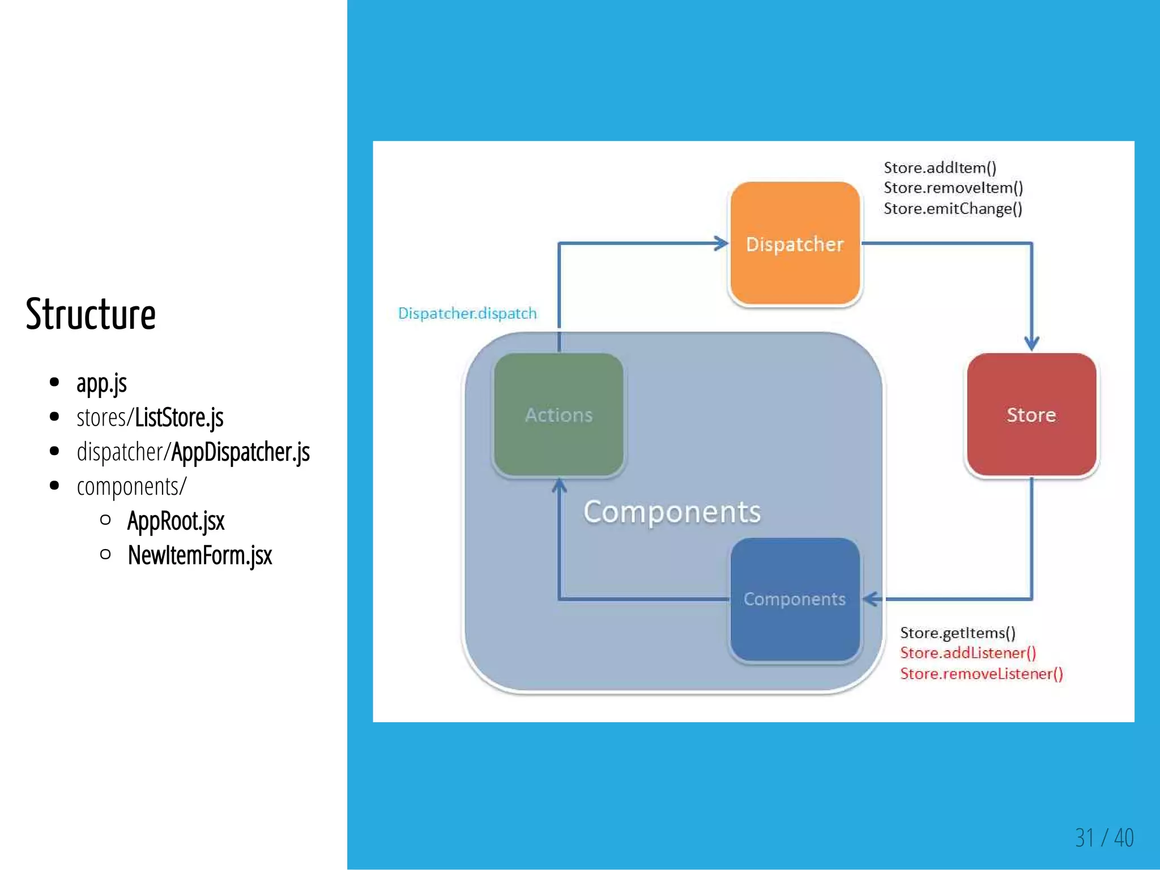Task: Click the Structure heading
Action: (91, 314)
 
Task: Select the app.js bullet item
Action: (101, 383)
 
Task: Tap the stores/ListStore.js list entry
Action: (150, 418)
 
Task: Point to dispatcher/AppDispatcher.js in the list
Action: (193, 452)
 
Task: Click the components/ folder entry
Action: (131, 486)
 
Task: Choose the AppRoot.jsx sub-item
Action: (176, 521)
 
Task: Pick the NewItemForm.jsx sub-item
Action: (200, 555)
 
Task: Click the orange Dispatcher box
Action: (795, 244)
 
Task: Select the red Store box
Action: (1031, 415)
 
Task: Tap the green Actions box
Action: (558, 415)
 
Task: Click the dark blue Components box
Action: (795, 599)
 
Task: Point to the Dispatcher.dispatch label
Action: (467, 314)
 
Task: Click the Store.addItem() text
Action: (940, 168)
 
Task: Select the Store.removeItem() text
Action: (953, 188)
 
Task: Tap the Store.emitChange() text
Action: (953, 209)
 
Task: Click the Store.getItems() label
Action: (957, 633)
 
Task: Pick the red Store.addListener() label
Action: (967, 653)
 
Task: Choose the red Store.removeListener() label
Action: (981, 674)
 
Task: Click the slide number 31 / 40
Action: (1104, 838)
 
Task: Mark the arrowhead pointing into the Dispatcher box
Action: (722, 243)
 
